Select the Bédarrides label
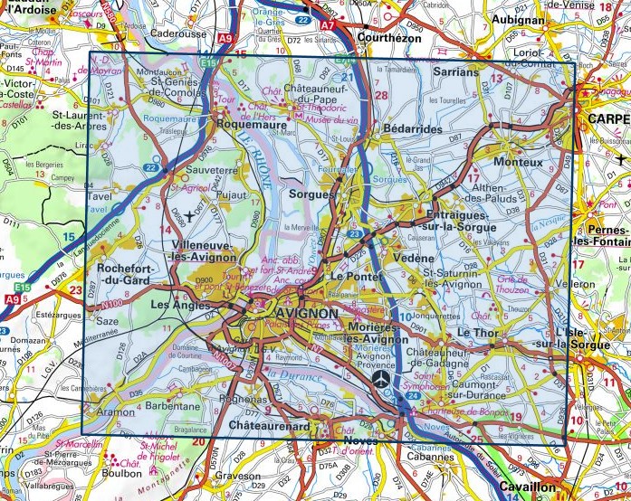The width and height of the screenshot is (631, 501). click(x=413, y=130)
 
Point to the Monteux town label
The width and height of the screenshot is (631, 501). click(x=519, y=162)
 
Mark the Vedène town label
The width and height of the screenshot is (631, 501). click(x=416, y=258)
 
